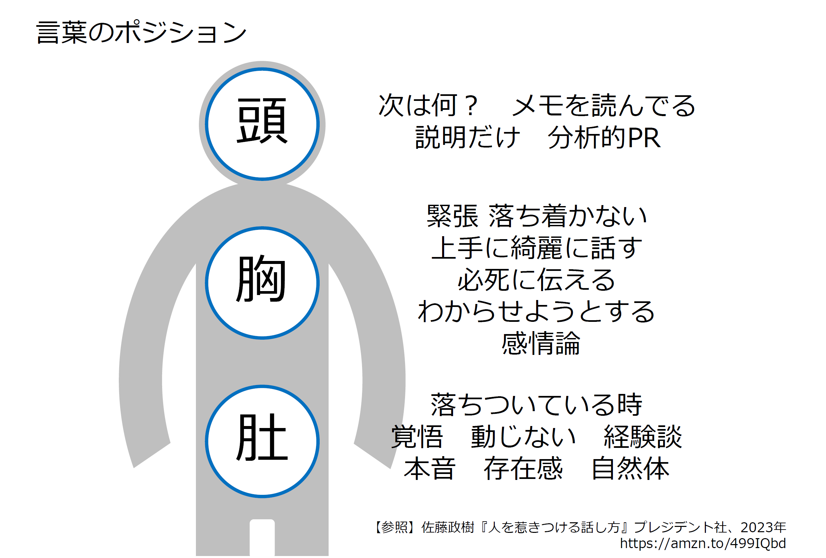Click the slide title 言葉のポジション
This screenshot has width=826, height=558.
tap(141, 32)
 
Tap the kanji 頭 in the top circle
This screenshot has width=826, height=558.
tap(262, 121)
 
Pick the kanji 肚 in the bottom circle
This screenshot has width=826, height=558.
tap(262, 438)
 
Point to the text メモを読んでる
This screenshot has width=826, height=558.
tap(604, 106)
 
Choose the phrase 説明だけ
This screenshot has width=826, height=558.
tap(468, 137)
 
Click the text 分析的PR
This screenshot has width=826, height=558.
tap(604, 137)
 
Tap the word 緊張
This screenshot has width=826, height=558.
tap(452, 216)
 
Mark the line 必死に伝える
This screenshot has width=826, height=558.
tap(537, 279)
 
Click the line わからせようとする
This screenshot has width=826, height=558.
tap(537, 311)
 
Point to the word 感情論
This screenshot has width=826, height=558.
tap(541, 343)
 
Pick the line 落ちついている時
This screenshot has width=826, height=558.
tap(537, 405)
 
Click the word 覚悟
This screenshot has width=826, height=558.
tap(417, 437)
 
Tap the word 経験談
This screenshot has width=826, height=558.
tap(643, 437)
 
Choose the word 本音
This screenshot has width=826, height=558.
tap(429, 468)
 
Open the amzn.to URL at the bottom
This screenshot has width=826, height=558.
tap(703, 543)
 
